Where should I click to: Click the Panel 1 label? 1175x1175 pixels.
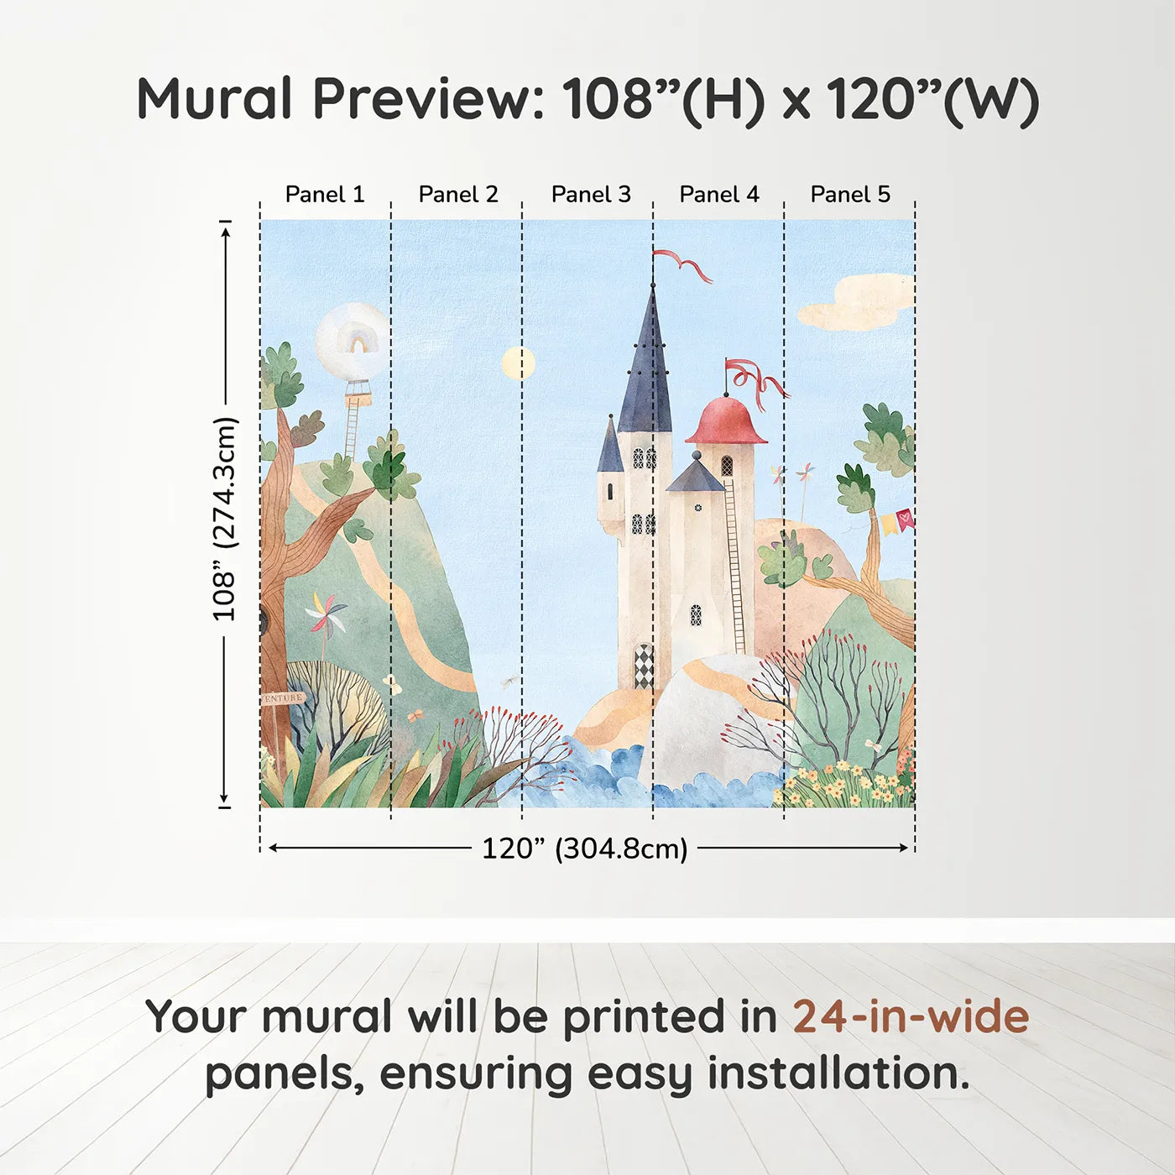(325, 195)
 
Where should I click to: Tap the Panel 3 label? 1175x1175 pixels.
(591, 195)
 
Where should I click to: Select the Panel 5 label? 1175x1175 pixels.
(850, 195)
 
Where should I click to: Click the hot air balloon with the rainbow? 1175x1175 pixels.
(352, 342)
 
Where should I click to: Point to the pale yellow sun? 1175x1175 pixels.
(519, 363)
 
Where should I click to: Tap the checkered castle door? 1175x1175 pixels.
(644, 666)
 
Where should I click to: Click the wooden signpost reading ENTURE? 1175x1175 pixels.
(284, 698)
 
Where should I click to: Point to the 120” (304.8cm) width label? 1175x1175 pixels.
(585, 849)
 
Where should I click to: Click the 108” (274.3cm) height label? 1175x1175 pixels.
(223, 519)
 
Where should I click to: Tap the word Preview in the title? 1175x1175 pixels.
(426, 99)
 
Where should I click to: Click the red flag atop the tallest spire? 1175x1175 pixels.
(683, 266)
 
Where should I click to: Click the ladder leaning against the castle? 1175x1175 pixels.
(734, 565)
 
